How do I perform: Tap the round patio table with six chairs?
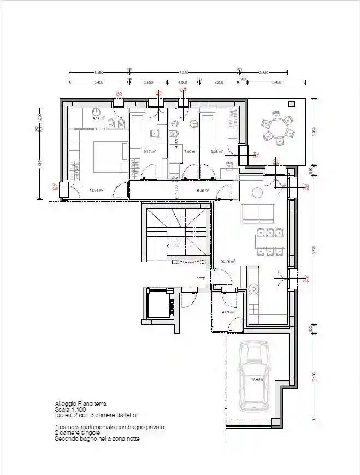[x=279, y=126]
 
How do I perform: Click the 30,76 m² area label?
[x=228, y=262]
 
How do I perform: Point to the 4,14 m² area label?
[x=98, y=117]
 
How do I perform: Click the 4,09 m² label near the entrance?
[x=228, y=312]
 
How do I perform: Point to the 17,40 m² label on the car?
[x=257, y=379]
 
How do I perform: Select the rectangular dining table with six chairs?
[x=270, y=241]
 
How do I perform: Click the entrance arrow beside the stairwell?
[x=202, y=278]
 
